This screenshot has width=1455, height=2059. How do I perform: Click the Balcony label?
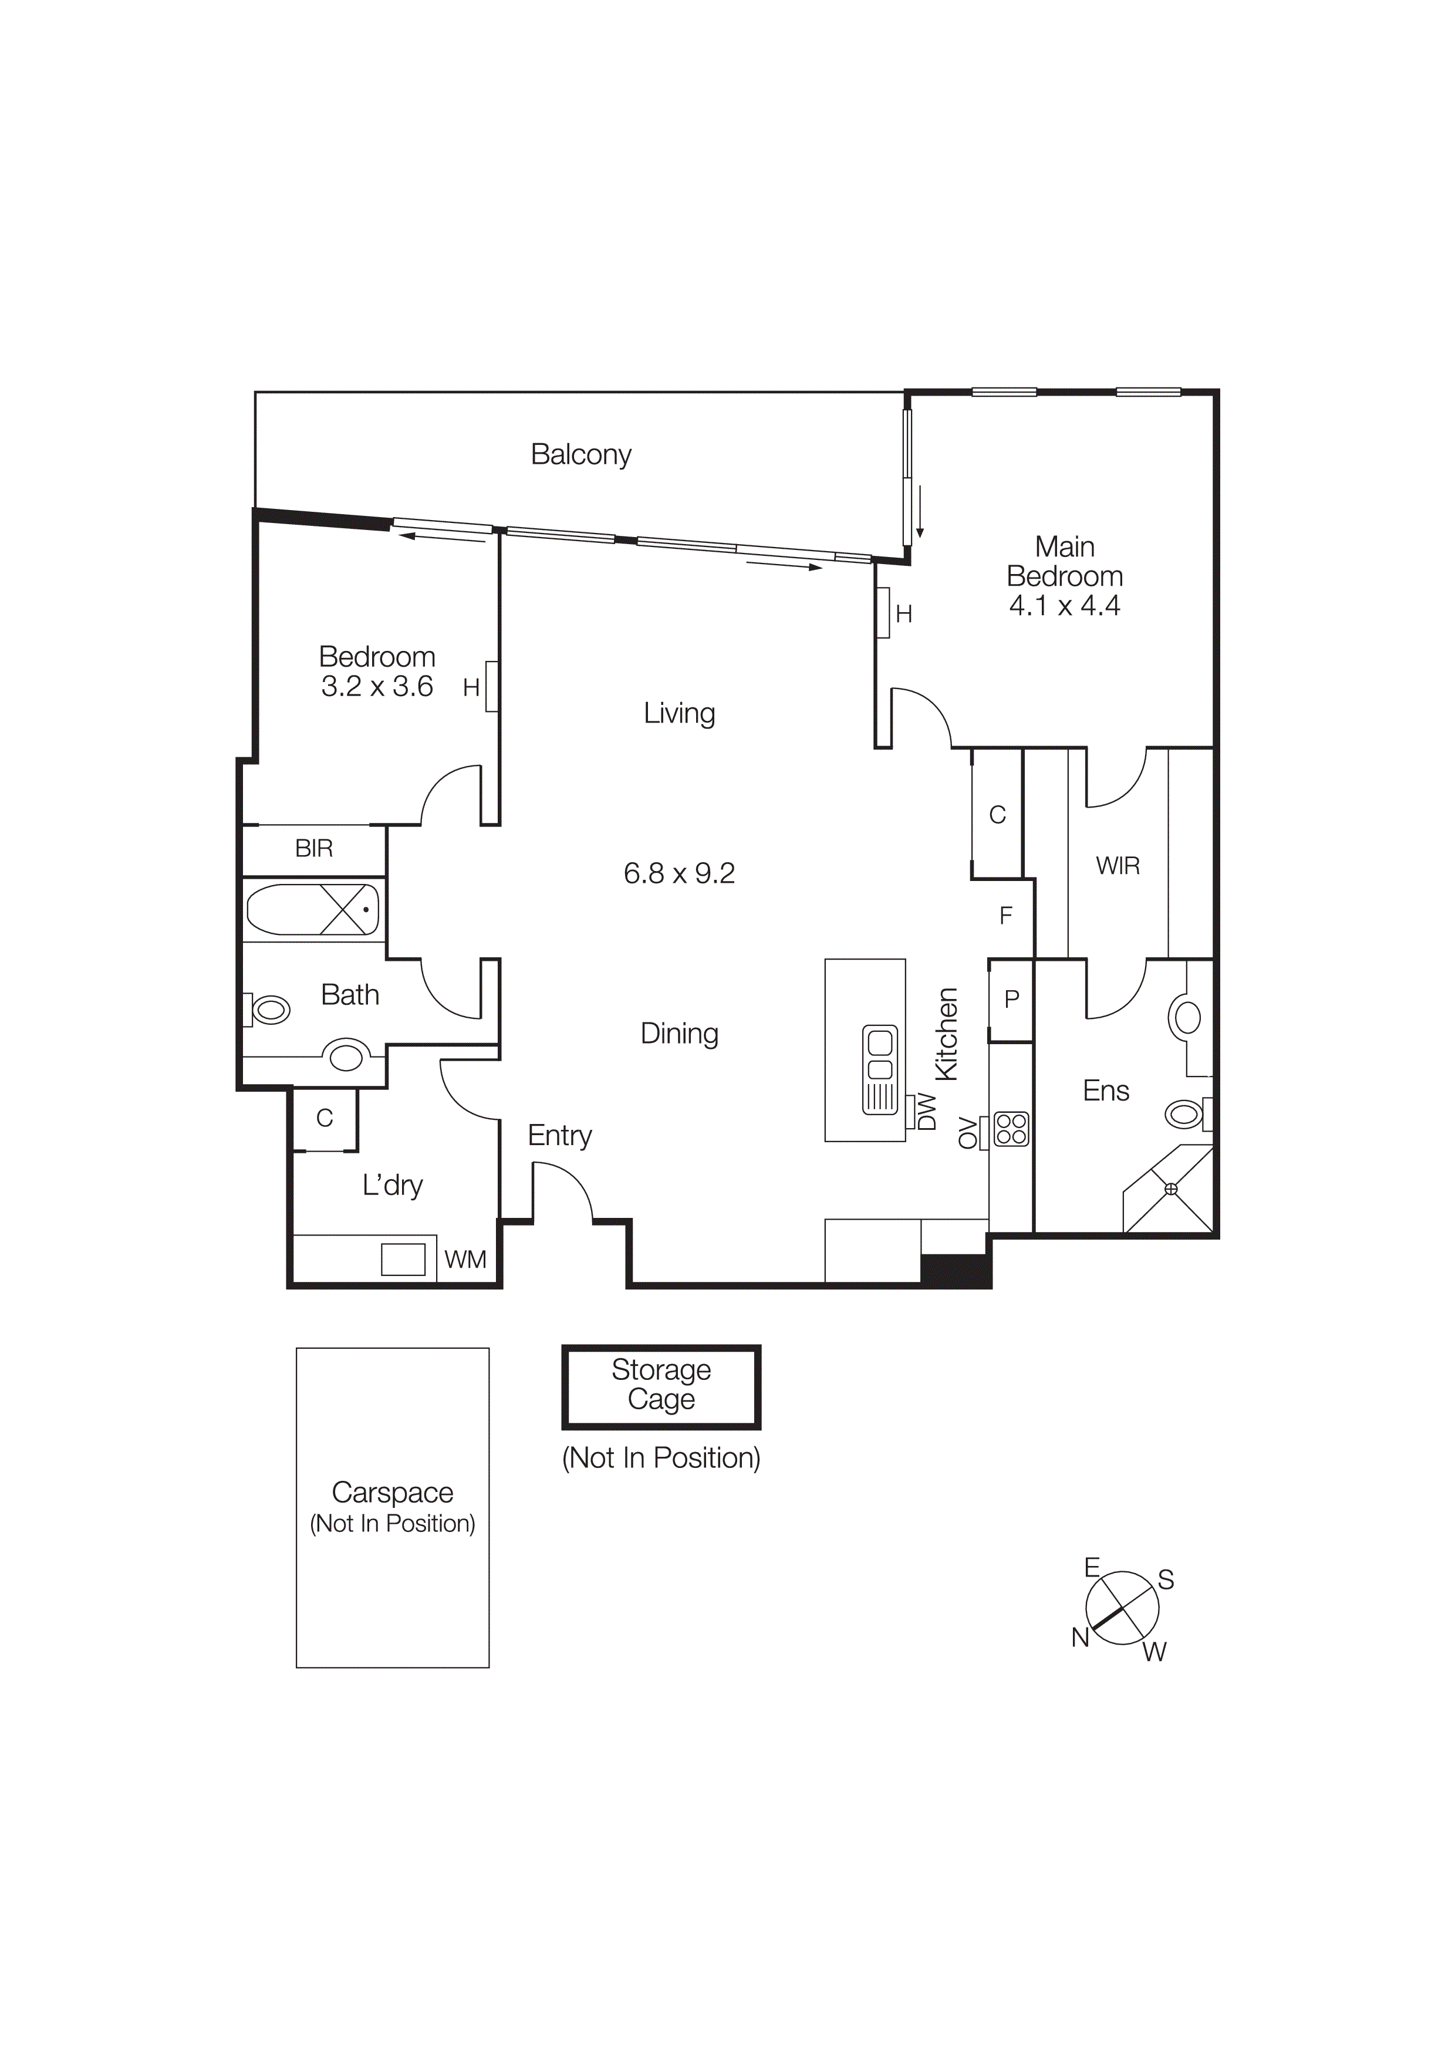pos(581,455)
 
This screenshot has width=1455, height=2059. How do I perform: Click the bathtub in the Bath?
pos(312,909)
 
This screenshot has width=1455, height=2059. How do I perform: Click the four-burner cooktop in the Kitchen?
pos(1011,1129)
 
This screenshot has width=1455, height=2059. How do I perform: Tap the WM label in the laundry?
pos(465,1260)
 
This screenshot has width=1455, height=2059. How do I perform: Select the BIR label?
pos(314,848)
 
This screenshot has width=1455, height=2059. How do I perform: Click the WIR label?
pos(1118,866)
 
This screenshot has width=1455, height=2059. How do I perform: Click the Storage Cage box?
pos(661,1386)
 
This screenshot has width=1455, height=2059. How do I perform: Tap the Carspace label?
pos(393,1492)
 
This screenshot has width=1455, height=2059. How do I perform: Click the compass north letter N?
pos(1081,1638)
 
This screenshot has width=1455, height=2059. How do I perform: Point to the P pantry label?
pos(1012,999)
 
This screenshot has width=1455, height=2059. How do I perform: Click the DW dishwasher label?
pos(927,1112)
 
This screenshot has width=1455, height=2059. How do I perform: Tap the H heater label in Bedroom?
pos(471,688)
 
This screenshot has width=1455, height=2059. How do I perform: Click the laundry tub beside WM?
pos(403,1259)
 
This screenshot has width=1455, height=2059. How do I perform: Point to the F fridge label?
pos(1006,916)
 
